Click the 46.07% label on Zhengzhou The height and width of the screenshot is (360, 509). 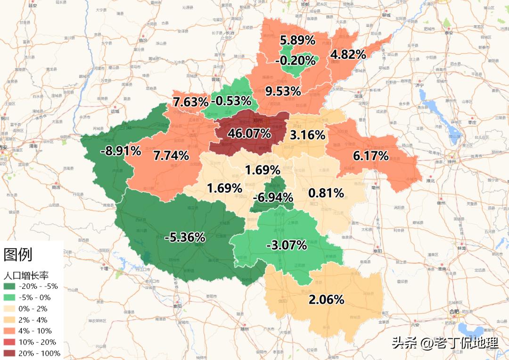click(x=249, y=133)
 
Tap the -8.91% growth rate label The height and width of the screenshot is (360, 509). click(x=121, y=151)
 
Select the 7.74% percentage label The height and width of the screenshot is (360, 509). click(x=171, y=155)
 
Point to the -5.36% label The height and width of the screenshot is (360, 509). click(x=184, y=237)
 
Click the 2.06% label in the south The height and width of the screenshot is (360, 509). click(x=326, y=299)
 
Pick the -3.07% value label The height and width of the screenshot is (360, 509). click(x=286, y=245)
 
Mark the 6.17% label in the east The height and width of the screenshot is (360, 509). click(x=370, y=156)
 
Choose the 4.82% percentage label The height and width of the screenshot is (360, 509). click(x=348, y=55)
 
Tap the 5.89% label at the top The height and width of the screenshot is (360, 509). click(x=297, y=40)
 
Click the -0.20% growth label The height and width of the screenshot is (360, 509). click(x=295, y=60)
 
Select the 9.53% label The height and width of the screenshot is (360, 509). click(x=283, y=91)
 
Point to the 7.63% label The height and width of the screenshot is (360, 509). click(x=190, y=102)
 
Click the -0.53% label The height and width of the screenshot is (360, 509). click(x=231, y=101)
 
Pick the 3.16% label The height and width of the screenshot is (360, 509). click(x=307, y=135)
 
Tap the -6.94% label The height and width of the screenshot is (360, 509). click(x=273, y=197)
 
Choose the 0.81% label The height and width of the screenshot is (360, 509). click(x=326, y=193)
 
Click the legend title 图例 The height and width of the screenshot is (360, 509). click(x=18, y=254)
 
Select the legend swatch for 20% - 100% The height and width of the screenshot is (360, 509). click(x=9, y=353)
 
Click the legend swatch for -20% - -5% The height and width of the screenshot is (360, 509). click(x=9, y=286)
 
